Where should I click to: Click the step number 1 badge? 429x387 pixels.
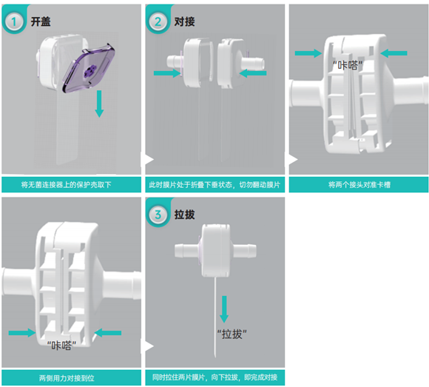click(x=13, y=21)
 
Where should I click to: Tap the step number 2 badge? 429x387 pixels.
click(x=158, y=21)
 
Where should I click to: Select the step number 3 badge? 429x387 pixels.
click(x=158, y=215)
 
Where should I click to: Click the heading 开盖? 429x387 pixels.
click(x=41, y=21)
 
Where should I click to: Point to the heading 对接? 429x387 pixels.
click(x=184, y=21)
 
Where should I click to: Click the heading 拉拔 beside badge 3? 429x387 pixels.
click(x=184, y=215)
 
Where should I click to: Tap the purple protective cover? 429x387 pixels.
click(x=89, y=67)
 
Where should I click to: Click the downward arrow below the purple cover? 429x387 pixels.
click(x=99, y=104)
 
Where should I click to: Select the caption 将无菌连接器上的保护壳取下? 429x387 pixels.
click(x=67, y=185)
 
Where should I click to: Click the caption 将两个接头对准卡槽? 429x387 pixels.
click(x=359, y=185)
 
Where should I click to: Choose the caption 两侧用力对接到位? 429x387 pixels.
click(x=67, y=378)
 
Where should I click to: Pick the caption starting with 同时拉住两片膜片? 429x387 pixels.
click(x=214, y=377)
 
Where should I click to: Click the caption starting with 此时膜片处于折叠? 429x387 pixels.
click(x=214, y=185)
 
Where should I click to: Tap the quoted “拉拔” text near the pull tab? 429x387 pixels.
click(x=232, y=334)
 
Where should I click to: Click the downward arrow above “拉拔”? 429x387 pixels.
click(x=224, y=309)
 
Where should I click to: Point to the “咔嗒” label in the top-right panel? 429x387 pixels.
click(x=348, y=66)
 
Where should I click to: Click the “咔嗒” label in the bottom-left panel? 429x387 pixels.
click(x=61, y=346)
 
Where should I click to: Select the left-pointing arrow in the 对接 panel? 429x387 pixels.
click(x=253, y=73)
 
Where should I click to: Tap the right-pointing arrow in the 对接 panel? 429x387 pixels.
click(x=167, y=73)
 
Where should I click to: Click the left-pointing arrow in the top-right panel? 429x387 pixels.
click(x=393, y=53)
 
